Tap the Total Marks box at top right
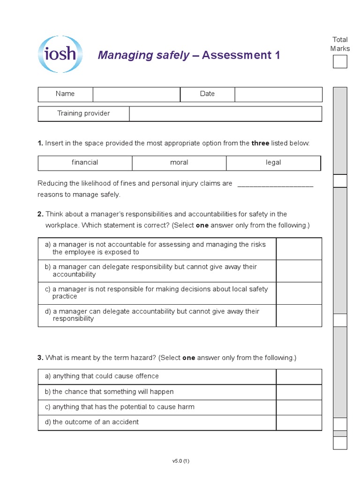coord(340,61)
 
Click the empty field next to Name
coord(136,94)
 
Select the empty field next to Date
coord(278,94)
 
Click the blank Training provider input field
coord(225,114)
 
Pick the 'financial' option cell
coord(85,163)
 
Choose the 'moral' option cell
coord(179,163)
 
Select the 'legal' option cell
coord(273,163)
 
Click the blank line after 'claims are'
coord(275,184)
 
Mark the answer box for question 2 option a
coord(299,248)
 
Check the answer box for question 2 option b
coord(299,271)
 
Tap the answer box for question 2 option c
coord(299,293)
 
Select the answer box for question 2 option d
coord(299,315)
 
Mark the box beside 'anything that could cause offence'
coord(299,376)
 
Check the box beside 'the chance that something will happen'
coord(299,392)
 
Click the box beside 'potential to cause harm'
coord(299,407)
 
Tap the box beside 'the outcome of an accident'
coord(299,422)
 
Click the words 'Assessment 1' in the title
coord(241,55)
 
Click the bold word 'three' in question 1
coord(260,143)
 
